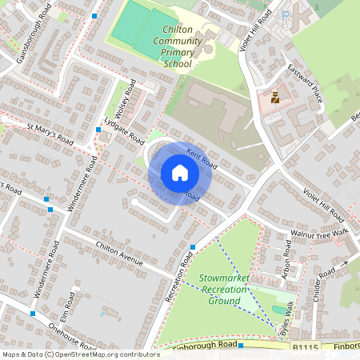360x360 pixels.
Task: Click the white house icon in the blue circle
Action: pos(180,173)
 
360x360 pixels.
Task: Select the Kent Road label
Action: pos(202,159)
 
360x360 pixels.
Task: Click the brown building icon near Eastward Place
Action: pos(274,98)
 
